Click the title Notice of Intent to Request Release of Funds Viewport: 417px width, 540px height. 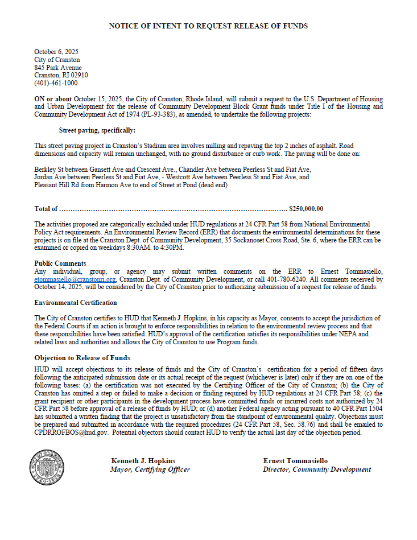pyautogui.click(x=208, y=26)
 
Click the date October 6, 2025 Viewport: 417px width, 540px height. pyautogui.click(x=56, y=52)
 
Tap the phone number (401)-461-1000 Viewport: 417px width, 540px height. pyautogui.click(x=56, y=83)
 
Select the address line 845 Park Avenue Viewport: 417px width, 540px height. pyautogui.click(x=57, y=68)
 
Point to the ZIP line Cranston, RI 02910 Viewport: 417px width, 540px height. pyautogui.click(x=61, y=75)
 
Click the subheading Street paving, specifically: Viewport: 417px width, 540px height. pyautogui.click(x=97, y=130)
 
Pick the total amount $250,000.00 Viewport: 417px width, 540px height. pyautogui.click(x=306, y=209)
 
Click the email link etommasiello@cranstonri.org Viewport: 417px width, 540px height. pyautogui.click(x=75, y=280)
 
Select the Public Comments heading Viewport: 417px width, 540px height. pyautogui.click(x=60, y=263)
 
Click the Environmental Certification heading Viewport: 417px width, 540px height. pyautogui.click(x=76, y=303)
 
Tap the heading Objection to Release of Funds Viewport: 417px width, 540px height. pyautogui.click(x=82, y=358)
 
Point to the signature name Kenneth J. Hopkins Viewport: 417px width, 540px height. pyautogui.click(x=143, y=461)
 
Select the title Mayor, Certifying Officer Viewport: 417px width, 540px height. pyautogui.click(x=150, y=469)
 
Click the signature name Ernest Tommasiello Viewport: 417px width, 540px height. pyautogui.click(x=295, y=461)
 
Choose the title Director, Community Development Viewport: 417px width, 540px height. pyautogui.click(x=317, y=469)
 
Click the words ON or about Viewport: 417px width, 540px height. pyautogui.click(x=53, y=98)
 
